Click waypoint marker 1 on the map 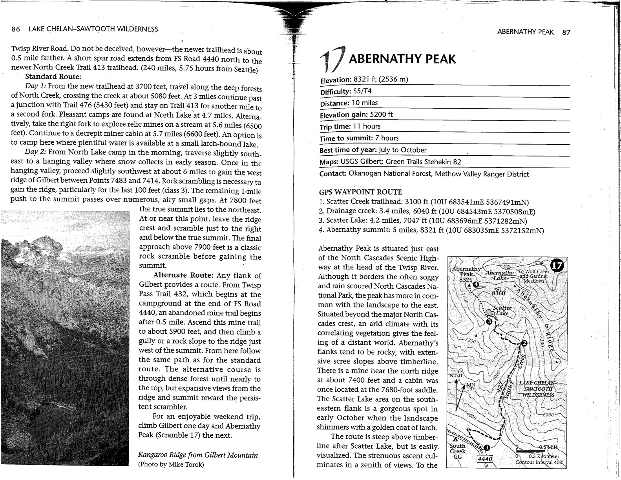tap(487, 447)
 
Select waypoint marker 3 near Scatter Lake tap(489, 322)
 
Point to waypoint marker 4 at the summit tap(476, 285)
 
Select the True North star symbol tap(457, 382)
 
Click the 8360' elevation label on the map tap(499, 293)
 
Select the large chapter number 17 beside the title tap(332, 60)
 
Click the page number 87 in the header tap(566, 32)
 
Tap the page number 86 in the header tap(16, 29)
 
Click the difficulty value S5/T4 tap(362, 91)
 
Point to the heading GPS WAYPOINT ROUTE tap(360, 192)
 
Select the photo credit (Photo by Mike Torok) tap(171, 465)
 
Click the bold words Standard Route tap(53, 76)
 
